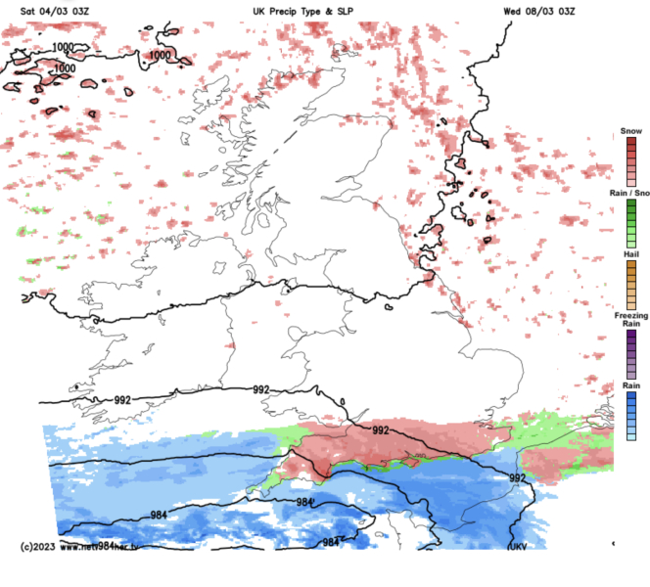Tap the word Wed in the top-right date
(512, 10)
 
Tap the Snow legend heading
(631, 131)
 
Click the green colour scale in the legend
(631, 223)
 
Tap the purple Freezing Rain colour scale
(631, 354)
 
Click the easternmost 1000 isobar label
(159, 56)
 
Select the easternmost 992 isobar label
(518, 477)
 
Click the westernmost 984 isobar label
(159, 515)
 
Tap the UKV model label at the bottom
(517, 546)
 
